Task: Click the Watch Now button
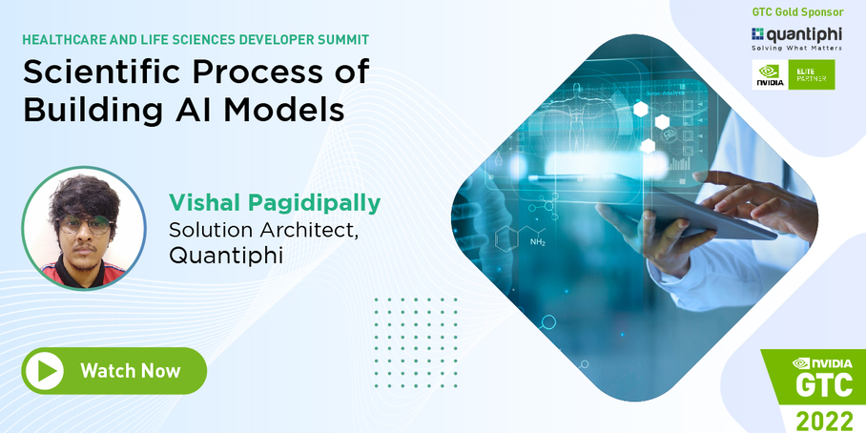tap(113, 371)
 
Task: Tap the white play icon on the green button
tap(44, 371)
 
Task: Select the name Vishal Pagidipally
tap(274, 202)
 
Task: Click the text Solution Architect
tap(263, 230)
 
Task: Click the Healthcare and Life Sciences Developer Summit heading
tap(195, 40)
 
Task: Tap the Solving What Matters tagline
tap(796, 47)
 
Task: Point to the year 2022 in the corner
tap(825, 418)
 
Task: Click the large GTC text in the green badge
tap(825, 389)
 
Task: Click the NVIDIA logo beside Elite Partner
tap(771, 74)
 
